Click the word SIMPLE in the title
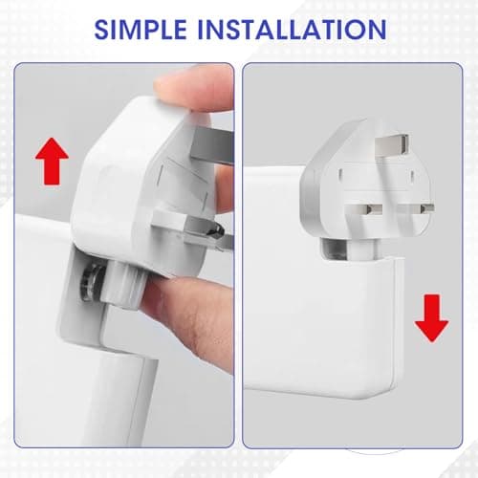[141, 30]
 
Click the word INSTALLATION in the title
[293, 30]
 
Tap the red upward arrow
[52, 161]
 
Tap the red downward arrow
[432, 318]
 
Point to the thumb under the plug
[188, 315]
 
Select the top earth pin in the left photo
[212, 145]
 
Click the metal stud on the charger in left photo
[92, 282]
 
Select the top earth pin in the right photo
[393, 144]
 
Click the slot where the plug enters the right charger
[349, 250]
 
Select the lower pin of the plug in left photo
[207, 232]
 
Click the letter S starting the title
[101, 30]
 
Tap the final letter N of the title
[377, 30]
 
